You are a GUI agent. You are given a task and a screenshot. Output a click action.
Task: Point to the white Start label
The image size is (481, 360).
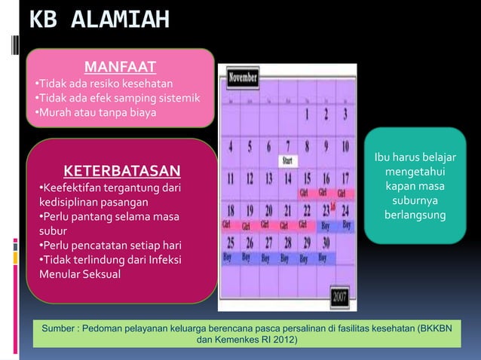point(288,160)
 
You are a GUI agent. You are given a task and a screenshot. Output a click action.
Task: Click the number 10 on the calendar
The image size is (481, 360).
point(343,146)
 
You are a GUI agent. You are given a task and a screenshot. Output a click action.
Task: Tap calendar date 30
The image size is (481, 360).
point(325,243)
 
